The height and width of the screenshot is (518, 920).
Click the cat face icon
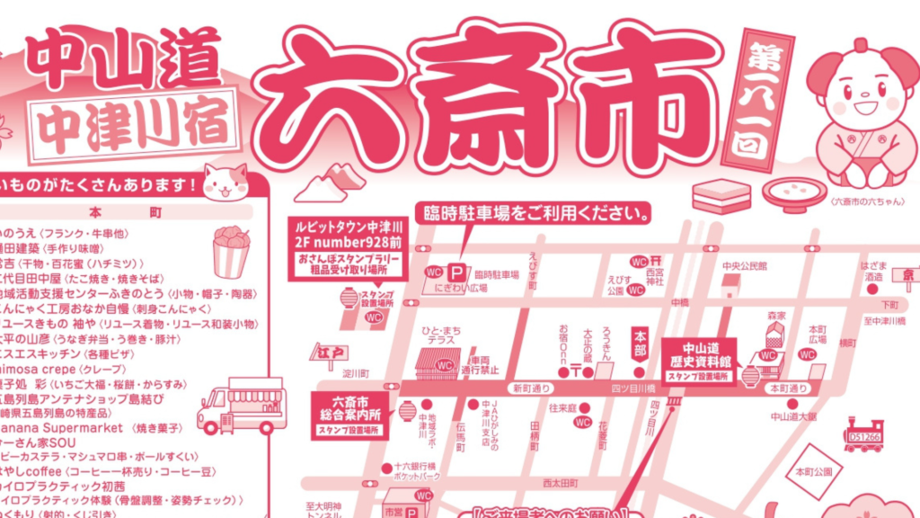click(225, 182)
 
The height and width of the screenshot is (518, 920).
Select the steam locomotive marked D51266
click(862, 435)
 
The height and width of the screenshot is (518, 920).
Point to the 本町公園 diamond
click(811, 471)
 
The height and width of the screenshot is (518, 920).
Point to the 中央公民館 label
click(744, 267)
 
